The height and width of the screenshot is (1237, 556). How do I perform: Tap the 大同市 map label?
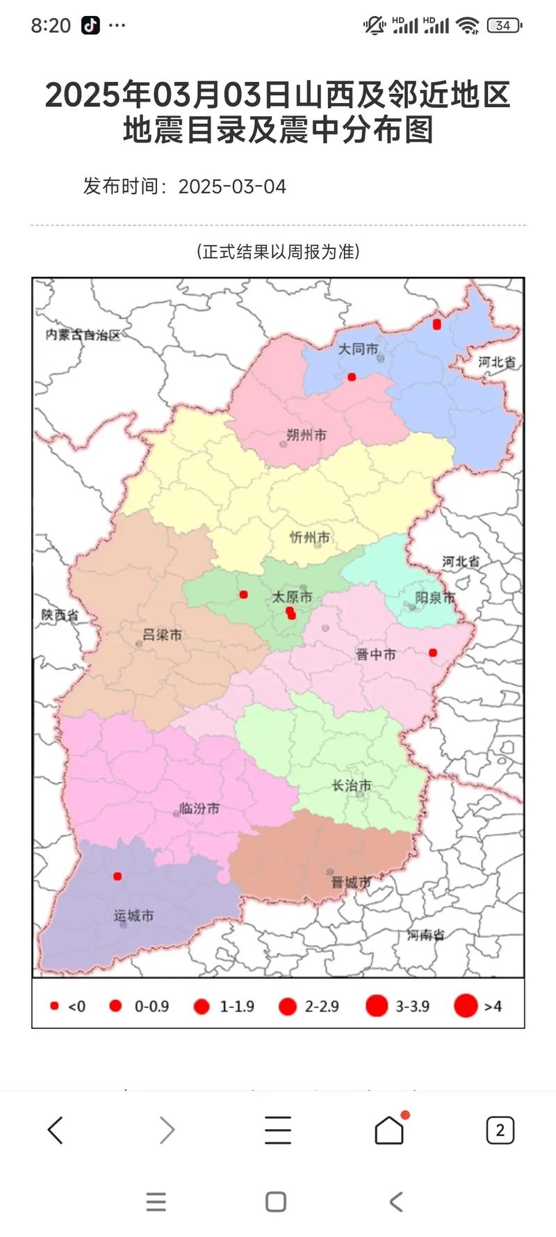point(358,349)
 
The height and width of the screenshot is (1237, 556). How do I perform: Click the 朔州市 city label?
point(306,436)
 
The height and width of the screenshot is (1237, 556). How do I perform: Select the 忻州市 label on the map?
point(310,537)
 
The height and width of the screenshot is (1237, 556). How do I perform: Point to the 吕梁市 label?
point(162,635)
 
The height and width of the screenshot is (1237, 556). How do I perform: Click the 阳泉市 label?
point(435,598)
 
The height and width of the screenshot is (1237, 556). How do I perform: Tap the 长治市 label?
point(352,785)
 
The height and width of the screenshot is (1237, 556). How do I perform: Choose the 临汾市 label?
point(199,808)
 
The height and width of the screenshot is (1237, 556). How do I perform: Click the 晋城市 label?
point(351,882)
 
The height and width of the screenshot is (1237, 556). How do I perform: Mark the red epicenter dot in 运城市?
point(117,876)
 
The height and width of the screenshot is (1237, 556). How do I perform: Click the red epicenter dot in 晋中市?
point(433,653)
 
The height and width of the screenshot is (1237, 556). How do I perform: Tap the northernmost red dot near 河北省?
point(436,324)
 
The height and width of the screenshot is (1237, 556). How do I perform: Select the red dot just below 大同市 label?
point(352,377)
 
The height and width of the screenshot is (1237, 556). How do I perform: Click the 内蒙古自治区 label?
point(83,335)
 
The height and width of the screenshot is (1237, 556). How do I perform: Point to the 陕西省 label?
point(60,615)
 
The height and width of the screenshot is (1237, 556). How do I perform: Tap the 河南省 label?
point(425,935)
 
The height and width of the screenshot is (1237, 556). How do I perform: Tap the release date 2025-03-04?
point(232,186)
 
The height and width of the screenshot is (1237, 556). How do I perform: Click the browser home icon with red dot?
point(389,1130)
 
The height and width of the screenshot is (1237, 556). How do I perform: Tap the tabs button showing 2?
point(500,1131)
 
